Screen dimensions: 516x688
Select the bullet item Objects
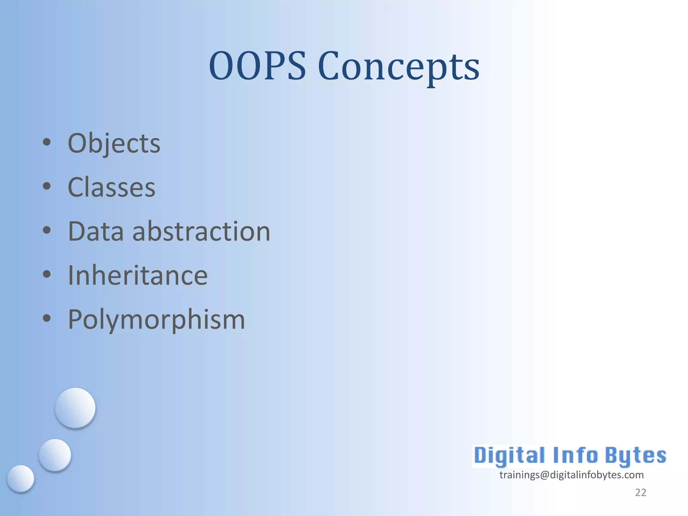114,143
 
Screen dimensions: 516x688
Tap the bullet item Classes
112,187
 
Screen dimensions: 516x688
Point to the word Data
96,231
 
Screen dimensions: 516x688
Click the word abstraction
202,231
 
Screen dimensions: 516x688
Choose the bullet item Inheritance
138,275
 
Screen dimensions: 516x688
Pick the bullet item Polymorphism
156,319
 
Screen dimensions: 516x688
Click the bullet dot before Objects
47,142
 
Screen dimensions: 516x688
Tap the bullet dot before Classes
47,186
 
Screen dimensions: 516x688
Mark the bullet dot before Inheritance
47,274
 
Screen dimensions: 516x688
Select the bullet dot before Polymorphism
47,318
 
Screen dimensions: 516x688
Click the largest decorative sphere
75,408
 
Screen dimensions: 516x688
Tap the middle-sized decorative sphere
55,455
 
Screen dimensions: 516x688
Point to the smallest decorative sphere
20,478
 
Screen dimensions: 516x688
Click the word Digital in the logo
509,456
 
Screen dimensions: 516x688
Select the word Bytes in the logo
636,456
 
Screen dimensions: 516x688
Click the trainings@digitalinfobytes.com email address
571,475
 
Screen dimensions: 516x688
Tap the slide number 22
640,492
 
